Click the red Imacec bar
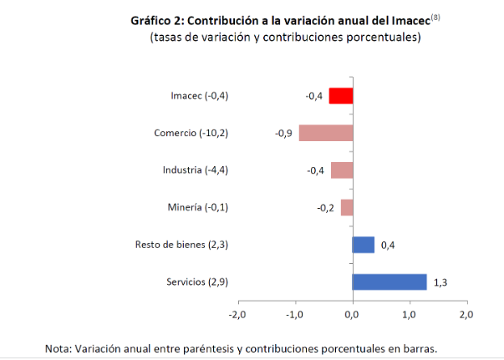click(341, 96)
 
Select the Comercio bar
click(325, 133)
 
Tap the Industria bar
click(341, 170)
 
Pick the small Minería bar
click(346, 208)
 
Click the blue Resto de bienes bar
click(364, 245)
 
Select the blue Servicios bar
click(389, 282)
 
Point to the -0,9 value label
click(283, 134)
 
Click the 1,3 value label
click(440, 282)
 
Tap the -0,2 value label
click(325, 209)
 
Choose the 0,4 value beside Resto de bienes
click(388, 246)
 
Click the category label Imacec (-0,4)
click(199, 96)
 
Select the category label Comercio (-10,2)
click(191, 133)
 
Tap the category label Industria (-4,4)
click(196, 170)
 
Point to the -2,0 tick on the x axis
click(237, 315)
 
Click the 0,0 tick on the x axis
click(352, 315)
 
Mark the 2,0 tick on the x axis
click(466, 315)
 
